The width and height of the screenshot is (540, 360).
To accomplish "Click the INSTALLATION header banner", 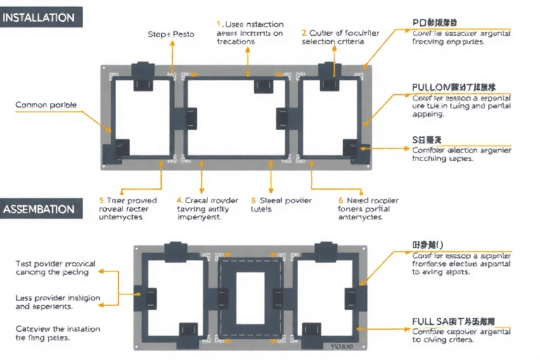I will tap(40, 18).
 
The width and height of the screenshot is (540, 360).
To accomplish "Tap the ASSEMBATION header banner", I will tap(39, 209).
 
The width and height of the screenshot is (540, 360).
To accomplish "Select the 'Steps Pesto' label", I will tap(171, 34).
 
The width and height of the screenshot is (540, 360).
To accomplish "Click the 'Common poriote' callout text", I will tap(46, 105).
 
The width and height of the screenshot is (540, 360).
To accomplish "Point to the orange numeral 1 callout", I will tap(219, 24).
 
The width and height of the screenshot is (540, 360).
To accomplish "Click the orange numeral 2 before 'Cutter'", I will tap(304, 32).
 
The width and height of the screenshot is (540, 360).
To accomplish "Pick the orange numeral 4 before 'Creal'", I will tap(179, 200).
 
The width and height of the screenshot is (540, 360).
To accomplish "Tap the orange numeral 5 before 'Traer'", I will tap(101, 200).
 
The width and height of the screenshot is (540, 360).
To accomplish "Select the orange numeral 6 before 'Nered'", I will tap(341, 200).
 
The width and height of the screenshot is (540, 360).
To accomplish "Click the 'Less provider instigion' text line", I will tap(58, 298).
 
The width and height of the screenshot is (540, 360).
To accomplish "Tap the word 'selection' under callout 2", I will tap(321, 41).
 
